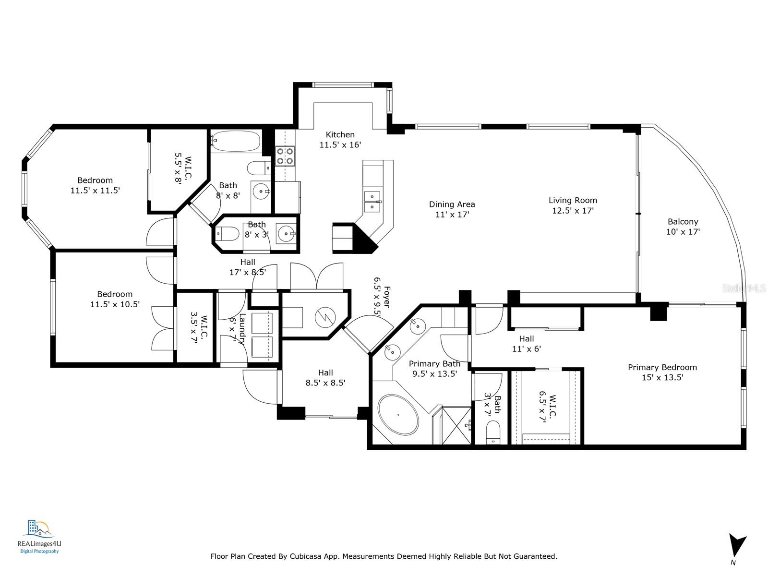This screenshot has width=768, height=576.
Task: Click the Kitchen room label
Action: (x=340, y=135)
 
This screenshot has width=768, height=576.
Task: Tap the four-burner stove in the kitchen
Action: (x=284, y=156)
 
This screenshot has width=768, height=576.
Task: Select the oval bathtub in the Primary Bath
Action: (x=398, y=414)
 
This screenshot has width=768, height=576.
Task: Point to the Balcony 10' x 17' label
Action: (x=683, y=227)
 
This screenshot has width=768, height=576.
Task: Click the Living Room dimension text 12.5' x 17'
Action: (x=573, y=211)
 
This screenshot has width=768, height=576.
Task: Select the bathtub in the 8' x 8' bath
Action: (x=235, y=141)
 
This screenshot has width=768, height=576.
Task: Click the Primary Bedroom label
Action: (x=662, y=367)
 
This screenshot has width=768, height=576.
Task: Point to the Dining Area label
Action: (x=452, y=204)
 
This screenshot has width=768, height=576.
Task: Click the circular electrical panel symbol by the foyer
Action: (x=321, y=317)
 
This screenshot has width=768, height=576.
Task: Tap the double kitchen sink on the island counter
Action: (x=372, y=202)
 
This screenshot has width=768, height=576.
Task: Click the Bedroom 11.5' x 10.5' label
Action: (x=114, y=299)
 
